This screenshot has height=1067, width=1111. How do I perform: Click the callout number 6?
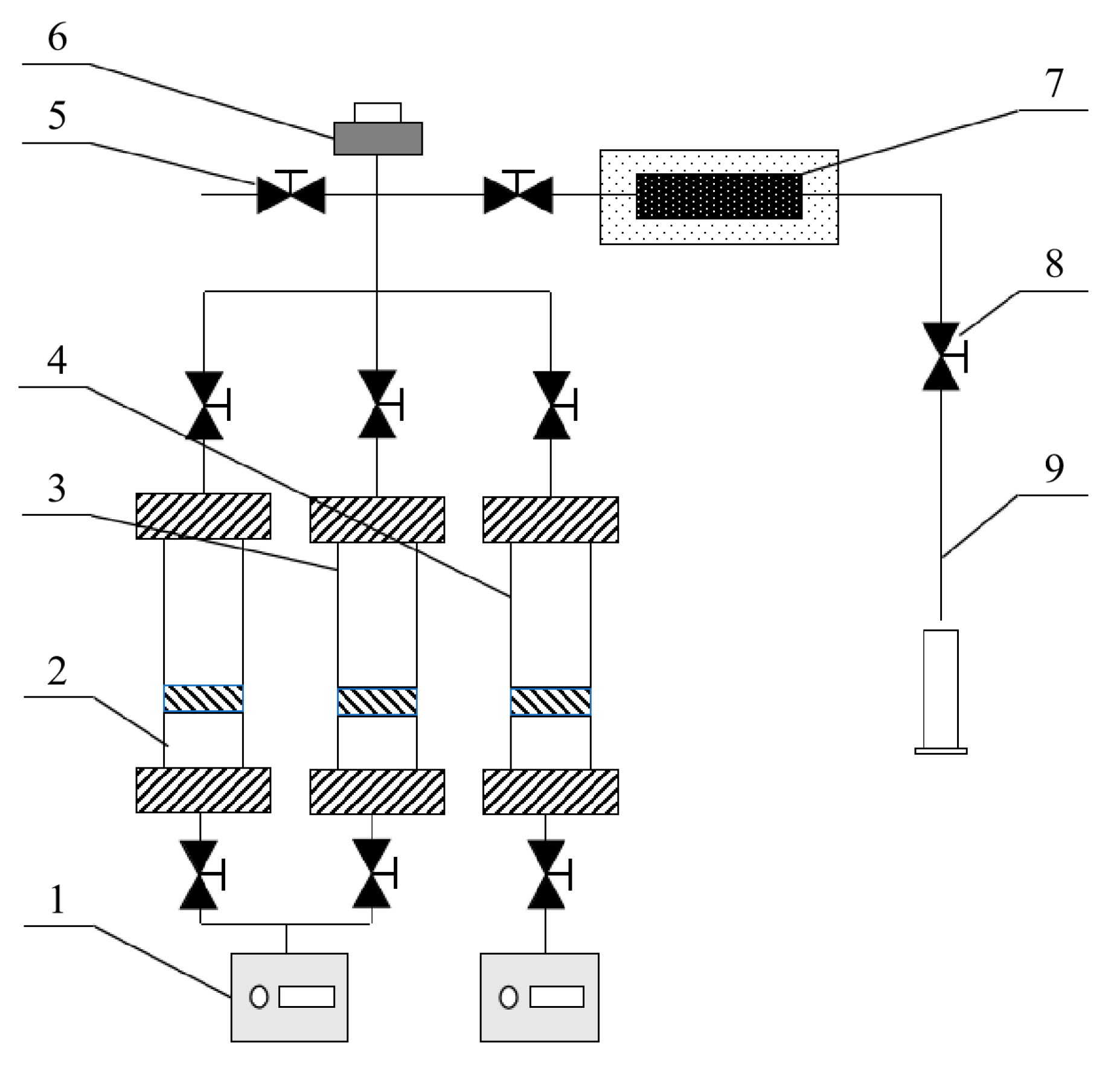click(57, 38)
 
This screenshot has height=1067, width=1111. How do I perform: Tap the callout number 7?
click(1054, 83)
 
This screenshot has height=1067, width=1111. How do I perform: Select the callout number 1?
click(57, 899)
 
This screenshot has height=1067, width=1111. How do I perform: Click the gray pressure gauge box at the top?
click(378, 138)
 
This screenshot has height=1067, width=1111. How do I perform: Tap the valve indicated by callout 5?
click(291, 194)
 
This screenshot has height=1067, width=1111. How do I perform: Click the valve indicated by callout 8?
click(941, 356)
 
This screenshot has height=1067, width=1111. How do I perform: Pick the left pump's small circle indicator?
click(259, 996)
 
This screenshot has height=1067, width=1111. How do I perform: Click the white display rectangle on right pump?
click(557, 997)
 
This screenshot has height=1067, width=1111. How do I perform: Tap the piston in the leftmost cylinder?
click(203, 699)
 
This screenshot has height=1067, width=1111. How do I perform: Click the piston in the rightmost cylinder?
click(550, 702)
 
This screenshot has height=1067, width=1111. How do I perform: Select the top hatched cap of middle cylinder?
click(377, 520)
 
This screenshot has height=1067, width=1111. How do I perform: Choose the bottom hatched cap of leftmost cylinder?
click(203, 790)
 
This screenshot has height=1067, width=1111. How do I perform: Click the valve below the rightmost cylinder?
click(546, 874)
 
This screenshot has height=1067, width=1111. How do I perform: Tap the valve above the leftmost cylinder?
click(204, 405)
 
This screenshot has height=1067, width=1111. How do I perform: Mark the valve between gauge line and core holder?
click(518, 194)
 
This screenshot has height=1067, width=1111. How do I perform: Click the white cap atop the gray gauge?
click(377, 112)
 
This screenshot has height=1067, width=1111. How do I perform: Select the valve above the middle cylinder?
click(377, 404)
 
